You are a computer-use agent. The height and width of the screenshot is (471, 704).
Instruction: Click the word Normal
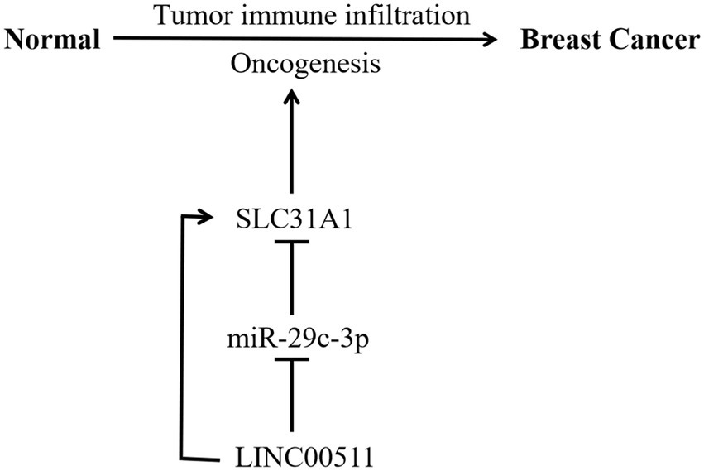tap(52, 40)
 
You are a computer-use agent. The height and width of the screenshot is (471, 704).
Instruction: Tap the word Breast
tap(561, 40)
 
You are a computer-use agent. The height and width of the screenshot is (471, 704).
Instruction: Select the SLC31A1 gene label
tap(290, 220)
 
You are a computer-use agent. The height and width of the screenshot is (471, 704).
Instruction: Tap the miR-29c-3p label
tap(290, 339)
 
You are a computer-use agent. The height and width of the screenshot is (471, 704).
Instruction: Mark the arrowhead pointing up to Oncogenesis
tap(290, 98)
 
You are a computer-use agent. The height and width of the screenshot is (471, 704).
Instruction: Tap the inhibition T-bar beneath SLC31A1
tap(290, 242)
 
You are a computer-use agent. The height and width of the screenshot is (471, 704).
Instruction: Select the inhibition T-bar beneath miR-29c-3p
tap(290, 359)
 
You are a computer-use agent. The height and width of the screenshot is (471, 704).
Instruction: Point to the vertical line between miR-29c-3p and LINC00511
tap(290, 397)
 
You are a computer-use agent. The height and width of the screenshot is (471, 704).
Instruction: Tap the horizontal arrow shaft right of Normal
tap(298, 39)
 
